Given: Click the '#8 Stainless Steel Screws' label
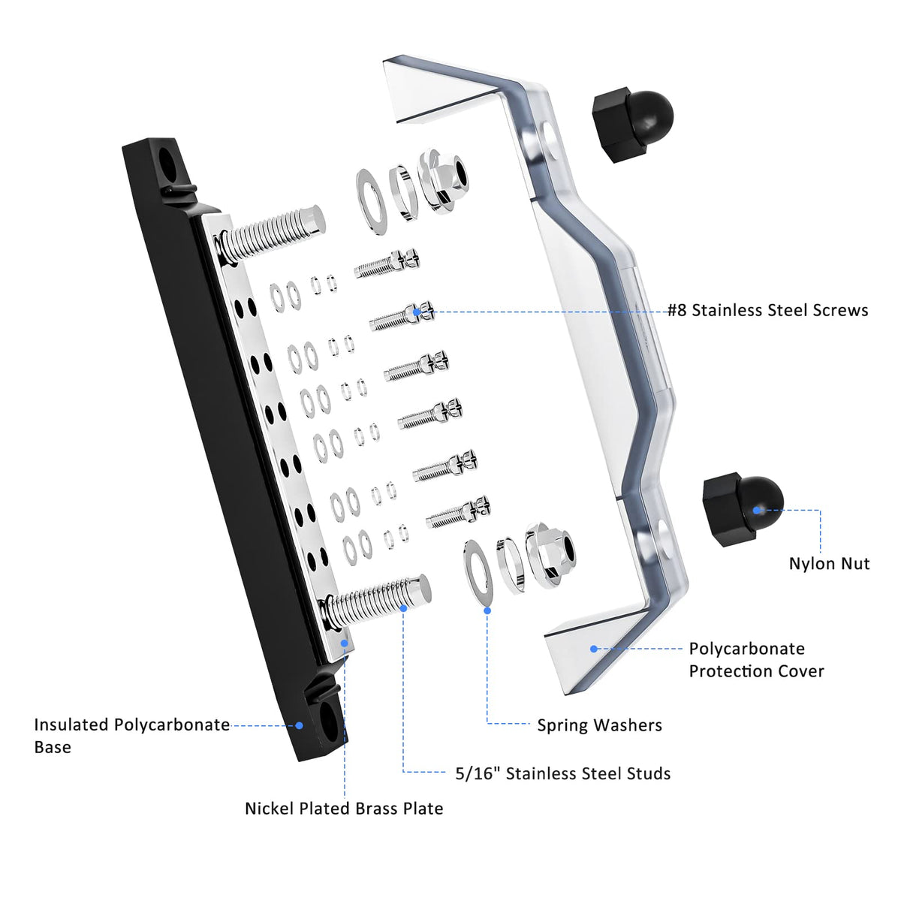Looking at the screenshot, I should click(x=767, y=310).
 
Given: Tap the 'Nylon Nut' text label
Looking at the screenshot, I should click(x=829, y=563).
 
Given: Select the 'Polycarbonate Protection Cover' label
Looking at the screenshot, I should click(x=756, y=659).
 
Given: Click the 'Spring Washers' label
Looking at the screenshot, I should click(x=599, y=725).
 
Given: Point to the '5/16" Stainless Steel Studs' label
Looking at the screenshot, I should click(x=562, y=773).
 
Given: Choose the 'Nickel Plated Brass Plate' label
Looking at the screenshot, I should click(x=344, y=808).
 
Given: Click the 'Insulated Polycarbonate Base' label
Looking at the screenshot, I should click(x=131, y=735).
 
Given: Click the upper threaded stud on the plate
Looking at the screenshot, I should click(x=274, y=232).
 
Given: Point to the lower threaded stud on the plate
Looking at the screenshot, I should click(x=379, y=601).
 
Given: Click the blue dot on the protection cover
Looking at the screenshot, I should click(x=593, y=648).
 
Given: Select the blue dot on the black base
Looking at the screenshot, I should click(x=299, y=725).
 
